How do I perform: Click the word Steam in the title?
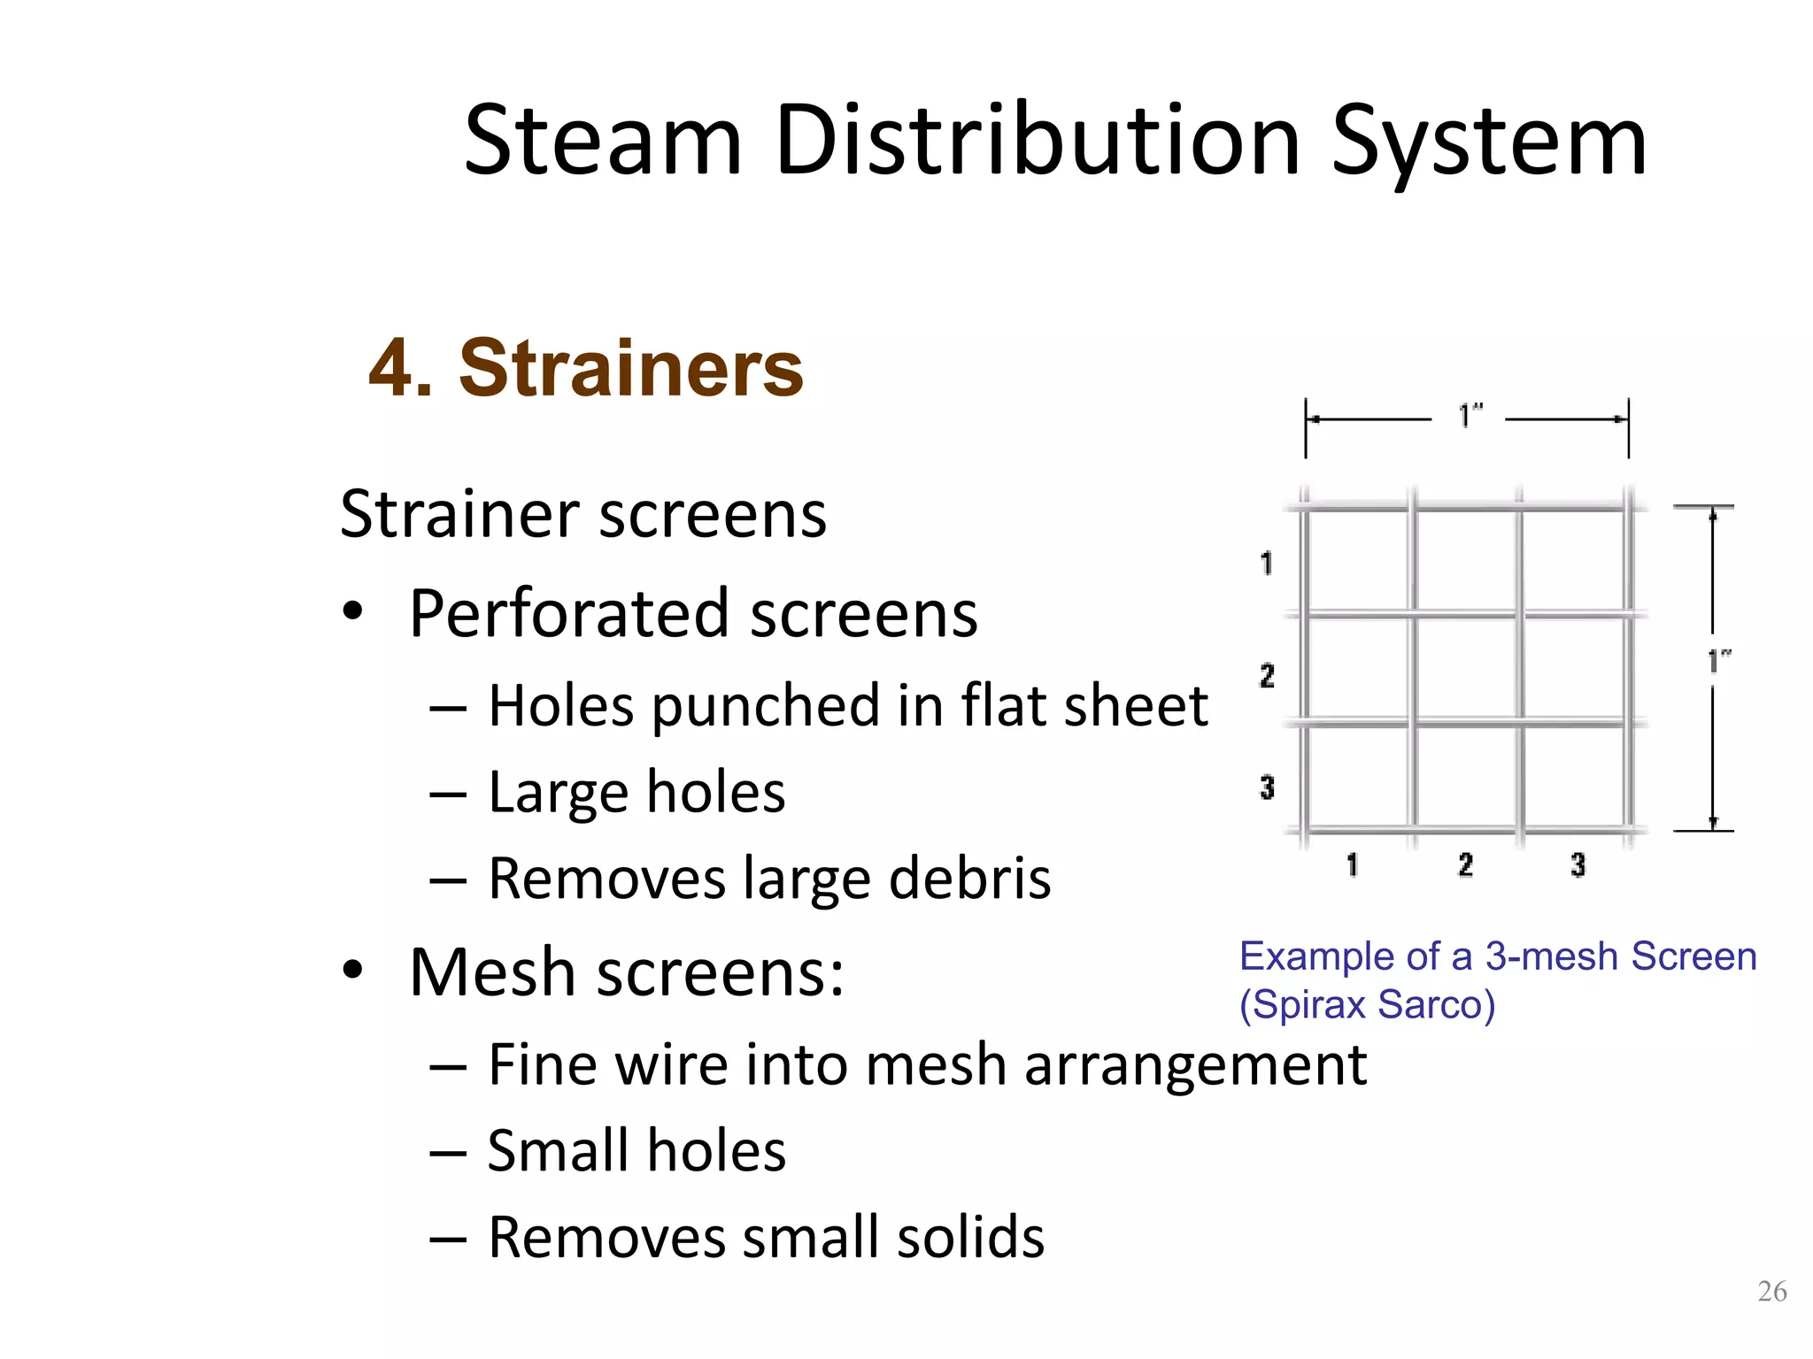point(603,142)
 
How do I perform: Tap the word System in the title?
point(1489,142)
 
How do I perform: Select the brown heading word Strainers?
point(631,368)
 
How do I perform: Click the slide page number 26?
point(1771,1291)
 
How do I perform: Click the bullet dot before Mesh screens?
point(353,970)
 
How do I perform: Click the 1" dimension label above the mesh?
point(1470,415)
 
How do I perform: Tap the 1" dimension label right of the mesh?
point(1719,660)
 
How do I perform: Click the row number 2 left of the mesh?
point(1267,676)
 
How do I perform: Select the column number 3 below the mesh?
point(1578,864)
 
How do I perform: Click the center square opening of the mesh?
point(1466,670)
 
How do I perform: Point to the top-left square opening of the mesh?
point(1358,562)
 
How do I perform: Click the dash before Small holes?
point(447,1152)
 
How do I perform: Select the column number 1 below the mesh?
point(1352,864)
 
